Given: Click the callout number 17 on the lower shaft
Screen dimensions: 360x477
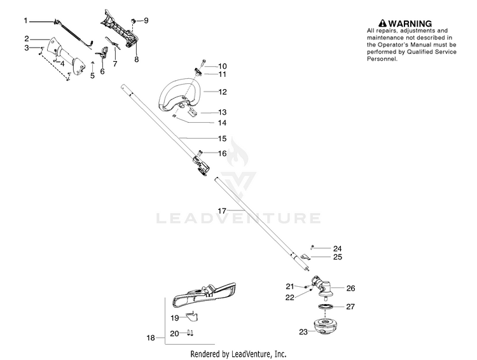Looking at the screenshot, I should pos(223,209).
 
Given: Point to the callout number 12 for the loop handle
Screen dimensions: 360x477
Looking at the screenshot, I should pos(223,92).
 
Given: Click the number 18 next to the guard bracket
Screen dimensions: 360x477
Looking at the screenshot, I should pos(151,338).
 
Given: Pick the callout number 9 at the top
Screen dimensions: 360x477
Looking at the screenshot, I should pos(146,21).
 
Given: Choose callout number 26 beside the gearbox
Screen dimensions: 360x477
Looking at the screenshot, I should pos(350,288).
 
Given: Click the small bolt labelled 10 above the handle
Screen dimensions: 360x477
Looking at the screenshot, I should pos(202,66).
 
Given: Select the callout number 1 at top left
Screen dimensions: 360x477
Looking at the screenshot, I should pos(25,21).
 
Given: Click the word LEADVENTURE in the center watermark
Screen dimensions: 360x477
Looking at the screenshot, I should pos(238,219).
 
